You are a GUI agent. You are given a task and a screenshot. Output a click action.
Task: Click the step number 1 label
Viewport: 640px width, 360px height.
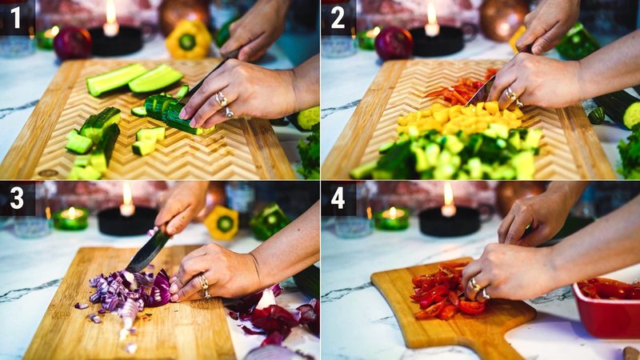coord(16,17)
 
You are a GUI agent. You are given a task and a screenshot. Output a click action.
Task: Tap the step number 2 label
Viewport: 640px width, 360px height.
coord(338,17)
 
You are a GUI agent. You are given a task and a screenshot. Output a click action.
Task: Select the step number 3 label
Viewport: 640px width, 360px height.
coord(16,198)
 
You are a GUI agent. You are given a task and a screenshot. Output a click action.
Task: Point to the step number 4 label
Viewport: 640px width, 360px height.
coord(338,198)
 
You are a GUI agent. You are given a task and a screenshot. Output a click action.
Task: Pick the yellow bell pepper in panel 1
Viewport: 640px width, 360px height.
coord(188,39)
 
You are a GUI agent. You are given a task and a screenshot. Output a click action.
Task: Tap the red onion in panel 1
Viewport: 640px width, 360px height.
coord(73,42)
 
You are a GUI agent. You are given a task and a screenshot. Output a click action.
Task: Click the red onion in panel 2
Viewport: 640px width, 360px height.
coord(394,43)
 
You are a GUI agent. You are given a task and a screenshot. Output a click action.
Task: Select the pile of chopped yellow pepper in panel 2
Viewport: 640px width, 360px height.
coord(460,118)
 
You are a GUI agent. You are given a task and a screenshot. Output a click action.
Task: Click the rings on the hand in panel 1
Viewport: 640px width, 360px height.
coord(223,102)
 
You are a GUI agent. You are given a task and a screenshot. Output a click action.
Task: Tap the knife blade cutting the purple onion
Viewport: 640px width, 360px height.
coord(147,252)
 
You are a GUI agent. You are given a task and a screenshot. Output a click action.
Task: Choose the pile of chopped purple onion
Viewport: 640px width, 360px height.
coord(128,292)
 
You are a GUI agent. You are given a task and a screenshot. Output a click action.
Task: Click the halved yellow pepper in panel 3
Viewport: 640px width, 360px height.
coord(222,222)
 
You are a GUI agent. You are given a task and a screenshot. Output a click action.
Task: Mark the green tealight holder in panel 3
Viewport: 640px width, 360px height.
coord(72,218)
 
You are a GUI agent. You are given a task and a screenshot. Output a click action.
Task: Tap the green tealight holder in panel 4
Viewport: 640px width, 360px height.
coord(392,218)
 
